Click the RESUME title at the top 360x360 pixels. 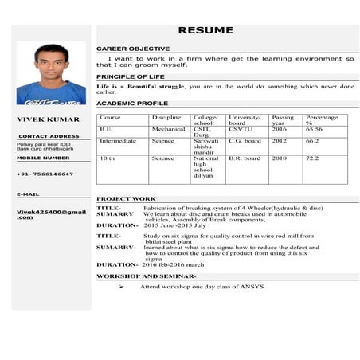click(205, 30)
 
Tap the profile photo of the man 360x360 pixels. click(51, 73)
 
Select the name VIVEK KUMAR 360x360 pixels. click(48, 119)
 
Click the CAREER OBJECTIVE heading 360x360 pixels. click(133, 49)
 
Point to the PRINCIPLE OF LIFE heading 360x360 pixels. click(131, 76)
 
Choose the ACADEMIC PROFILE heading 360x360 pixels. click(132, 104)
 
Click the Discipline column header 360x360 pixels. click(166, 118)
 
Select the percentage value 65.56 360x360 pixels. click(314, 129)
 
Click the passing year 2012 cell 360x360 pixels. click(279, 141)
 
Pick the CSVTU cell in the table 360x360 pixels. click(240, 129)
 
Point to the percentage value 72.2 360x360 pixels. click(312, 158)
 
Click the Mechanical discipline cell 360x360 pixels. click(168, 129)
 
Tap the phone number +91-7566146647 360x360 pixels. click(45, 174)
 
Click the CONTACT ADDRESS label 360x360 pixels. click(48, 136)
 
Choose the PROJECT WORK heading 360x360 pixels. click(126, 198)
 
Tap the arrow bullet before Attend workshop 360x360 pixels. click(121, 286)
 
